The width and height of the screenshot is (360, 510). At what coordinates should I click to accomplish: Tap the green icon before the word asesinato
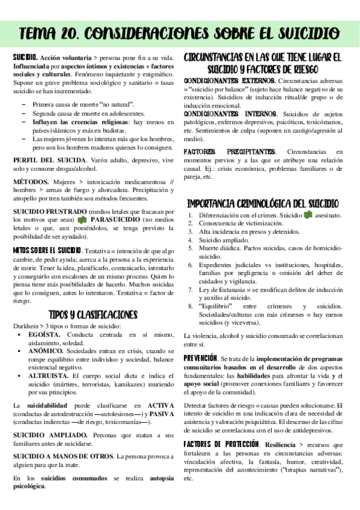(308, 215)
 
